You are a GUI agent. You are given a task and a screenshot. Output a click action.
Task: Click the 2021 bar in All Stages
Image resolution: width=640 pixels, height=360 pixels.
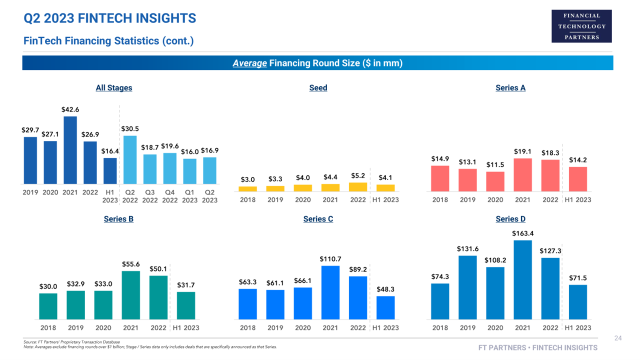[x=70, y=150]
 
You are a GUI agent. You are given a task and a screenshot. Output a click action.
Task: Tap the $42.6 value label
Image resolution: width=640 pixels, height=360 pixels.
[x=70, y=109]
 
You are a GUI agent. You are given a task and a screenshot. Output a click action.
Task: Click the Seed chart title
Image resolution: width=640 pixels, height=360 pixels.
[x=318, y=88]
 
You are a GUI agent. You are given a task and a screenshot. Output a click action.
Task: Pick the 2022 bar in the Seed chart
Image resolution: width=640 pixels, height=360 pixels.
[x=358, y=187]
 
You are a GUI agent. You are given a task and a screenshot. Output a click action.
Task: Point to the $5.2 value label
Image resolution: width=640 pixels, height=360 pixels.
[x=358, y=175]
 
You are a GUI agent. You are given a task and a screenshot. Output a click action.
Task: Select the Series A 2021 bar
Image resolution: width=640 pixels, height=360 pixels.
[x=522, y=174]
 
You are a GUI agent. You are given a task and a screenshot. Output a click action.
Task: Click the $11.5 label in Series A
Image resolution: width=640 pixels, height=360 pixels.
[x=495, y=164]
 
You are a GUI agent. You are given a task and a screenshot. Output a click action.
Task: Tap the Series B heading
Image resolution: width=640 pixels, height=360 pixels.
[x=118, y=219]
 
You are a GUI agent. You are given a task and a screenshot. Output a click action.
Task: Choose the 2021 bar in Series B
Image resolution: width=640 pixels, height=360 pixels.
[x=130, y=295]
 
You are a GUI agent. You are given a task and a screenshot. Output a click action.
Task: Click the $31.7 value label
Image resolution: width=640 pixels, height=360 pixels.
[x=186, y=285]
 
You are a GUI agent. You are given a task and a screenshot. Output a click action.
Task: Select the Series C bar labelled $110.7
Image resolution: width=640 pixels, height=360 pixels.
[x=330, y=292]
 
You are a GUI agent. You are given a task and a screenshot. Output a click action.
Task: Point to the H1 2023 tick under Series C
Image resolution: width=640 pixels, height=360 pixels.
[x=385, y=328]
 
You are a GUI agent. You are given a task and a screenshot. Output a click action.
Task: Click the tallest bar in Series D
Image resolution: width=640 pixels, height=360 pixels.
[x=522, y=279]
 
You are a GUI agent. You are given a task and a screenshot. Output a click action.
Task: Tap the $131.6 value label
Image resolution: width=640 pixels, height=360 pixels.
[x=467, y=249]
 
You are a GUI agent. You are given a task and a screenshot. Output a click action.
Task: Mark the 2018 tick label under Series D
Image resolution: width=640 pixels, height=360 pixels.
[x=440, y=328]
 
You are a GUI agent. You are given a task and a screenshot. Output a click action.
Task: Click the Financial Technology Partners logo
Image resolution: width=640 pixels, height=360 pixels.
[x=581, y=26]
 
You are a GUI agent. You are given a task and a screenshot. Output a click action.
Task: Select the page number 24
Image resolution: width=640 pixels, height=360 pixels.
[x=617, y=338]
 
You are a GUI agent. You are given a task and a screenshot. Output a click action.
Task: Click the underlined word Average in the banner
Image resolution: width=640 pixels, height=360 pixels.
[x=249, y=63]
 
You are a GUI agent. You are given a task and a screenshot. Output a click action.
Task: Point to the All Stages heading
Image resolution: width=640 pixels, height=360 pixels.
[x=114, y=88]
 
